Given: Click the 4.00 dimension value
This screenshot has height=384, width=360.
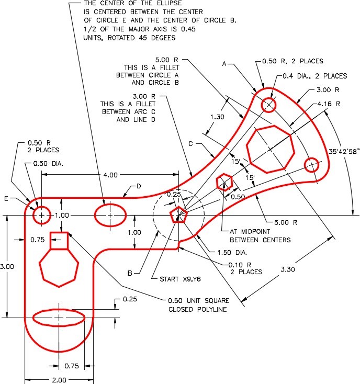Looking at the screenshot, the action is click(x=110, y=175).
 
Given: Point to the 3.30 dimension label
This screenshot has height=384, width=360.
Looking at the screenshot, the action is click(x=288, y=269).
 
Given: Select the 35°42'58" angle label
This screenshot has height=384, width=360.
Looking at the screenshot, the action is click(x=344, y=151).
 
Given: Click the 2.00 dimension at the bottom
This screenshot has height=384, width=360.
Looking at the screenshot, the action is click(x=59, y=380).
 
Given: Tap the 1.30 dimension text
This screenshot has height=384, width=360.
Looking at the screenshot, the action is click(x=217, y=117).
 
